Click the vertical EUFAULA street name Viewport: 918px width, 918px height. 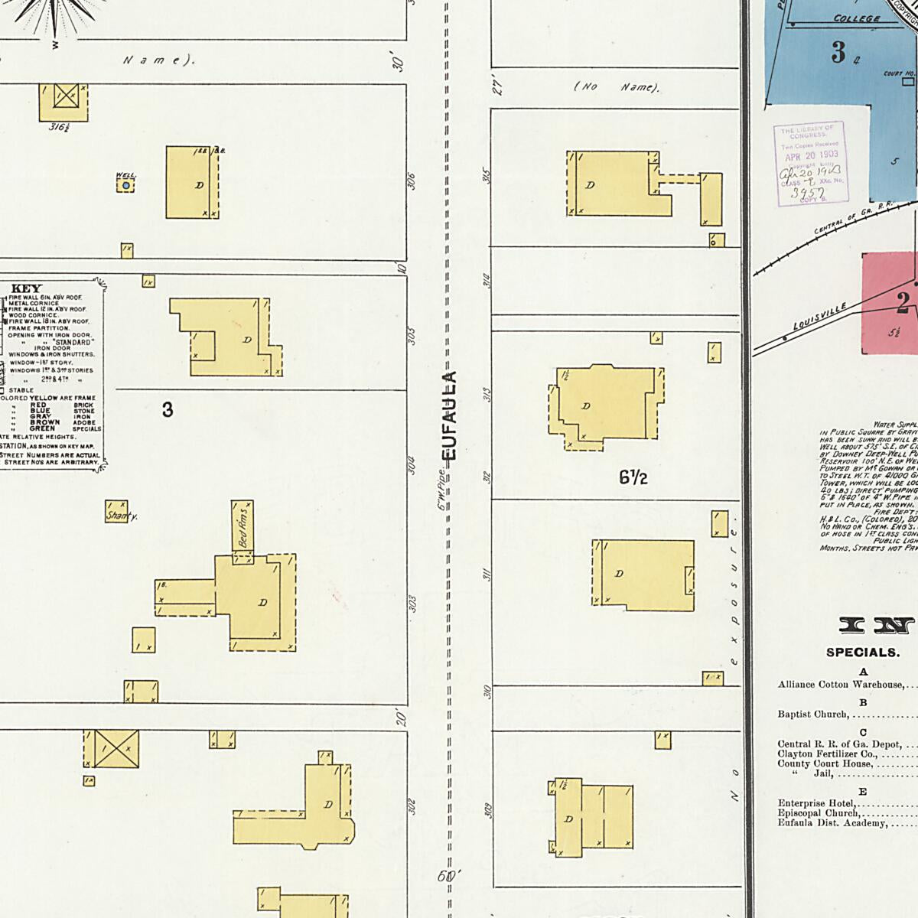coord(450,416)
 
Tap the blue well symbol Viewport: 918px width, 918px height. coord(125,185)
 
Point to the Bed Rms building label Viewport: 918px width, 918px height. coord(243,525)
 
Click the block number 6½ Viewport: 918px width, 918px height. coord(633,477)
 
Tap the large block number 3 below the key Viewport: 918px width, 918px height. coord(168,410)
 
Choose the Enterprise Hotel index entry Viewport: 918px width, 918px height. coord(817,803)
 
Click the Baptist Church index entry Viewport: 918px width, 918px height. coord(813,715)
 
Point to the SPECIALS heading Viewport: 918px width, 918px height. coord(862,653)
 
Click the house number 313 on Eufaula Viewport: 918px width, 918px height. coord(487,396)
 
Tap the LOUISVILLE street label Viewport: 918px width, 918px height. coord(819,316)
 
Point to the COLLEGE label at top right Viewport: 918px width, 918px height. coord(857,18)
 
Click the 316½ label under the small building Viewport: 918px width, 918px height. coord(60,127)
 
